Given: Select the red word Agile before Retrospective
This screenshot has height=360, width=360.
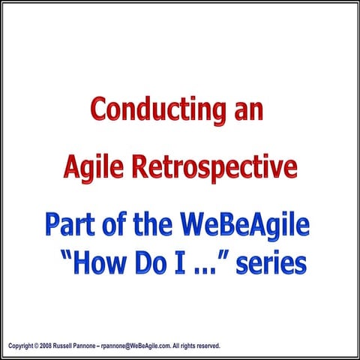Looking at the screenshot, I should click(x=92, y=166).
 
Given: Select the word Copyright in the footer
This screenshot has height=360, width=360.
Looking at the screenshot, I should click(x=22, y=346).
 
